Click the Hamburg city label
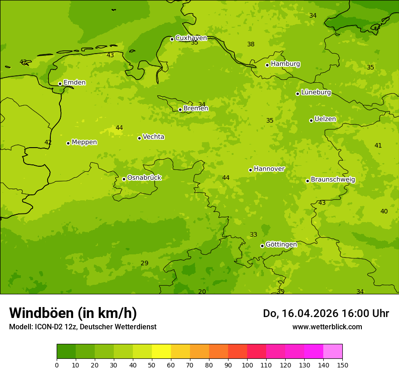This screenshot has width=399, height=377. pyautogui.click(x=285, y=64)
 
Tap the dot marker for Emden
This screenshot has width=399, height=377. pyautogui.click(x=60, y=84)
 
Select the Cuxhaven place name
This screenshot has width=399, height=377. pyautogui.click(x=191, y=38)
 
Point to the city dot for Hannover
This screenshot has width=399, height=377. pyautogui.click(x=250, y=170)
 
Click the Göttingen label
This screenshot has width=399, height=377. pyautogui.click(x=281, y=245)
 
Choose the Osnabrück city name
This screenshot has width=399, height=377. pyautogui.click(x=144, y=178)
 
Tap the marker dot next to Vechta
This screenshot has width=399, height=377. pyautogui.click(x=139, y=138)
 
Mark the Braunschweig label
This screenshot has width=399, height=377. pyautogui.click(x=333, y=180)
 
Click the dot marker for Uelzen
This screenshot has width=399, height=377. pyautogui.click(x=311, y=120)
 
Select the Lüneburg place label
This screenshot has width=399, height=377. pyautogui.click(x=316, y=93)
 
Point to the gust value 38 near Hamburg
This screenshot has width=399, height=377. pyautogui.click(x=251, y=45)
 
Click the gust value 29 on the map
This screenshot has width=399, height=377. pyautogui.click(x=144, y=263)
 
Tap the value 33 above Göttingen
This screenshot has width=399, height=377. pyautogui.click(x=253, y=235)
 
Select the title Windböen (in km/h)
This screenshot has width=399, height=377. pyautogui.click(x=73, y=313)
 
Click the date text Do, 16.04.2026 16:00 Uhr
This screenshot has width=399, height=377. pyautogui.click(x=326, y=313)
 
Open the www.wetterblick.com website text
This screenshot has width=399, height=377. pyautogui.click(x=327, y=327)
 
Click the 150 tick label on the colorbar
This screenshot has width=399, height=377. pyautogui.click(x=342, y=365)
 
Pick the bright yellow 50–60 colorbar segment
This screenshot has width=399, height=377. pyautogui.click(x=161, y=352)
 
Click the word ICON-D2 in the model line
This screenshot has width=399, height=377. pyautogui.click(x=48, y=327)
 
